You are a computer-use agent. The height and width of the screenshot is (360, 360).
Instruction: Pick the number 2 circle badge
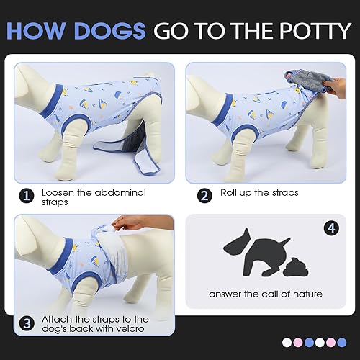point(204,193)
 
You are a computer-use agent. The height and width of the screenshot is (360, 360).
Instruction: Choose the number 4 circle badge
point(331,230)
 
